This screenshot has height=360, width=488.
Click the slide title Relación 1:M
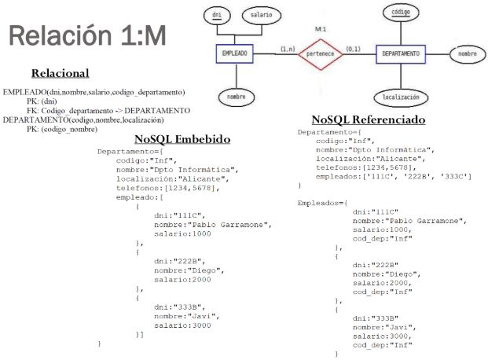pyautogui.click(x=86, y=35)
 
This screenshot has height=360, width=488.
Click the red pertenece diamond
pyautogui.click(x=320, y=53)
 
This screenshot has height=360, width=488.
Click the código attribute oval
pyautogui.click(x=399, y=13)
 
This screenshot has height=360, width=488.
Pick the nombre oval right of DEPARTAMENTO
pyautogui.click(x=468, y=53)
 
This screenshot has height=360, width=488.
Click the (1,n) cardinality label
pyautogui.click(x=287, y=49)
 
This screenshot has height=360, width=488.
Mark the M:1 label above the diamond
pyautogui.click(x=320, y=28)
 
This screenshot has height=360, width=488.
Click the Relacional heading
pyautogui.click(x=60, y=73)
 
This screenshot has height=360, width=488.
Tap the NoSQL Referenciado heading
pyautogui.click(x=368, y=119)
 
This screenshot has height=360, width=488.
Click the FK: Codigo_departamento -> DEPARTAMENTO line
pyautogui.click(x=108, y=111)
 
